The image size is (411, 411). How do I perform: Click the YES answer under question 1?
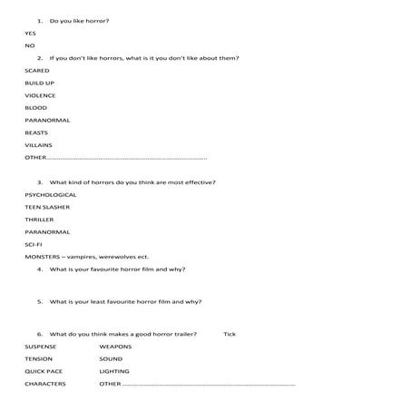(30, 33)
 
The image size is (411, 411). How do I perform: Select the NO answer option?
(29, 45)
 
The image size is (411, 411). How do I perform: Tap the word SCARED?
(37, 70)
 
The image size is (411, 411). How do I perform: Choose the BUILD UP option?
(39, 83)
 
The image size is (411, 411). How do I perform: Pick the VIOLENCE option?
(40, 95)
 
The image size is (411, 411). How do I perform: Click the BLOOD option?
(35, 108)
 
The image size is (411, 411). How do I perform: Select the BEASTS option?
(36, 132)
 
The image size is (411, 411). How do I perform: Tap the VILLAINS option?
(38, 145)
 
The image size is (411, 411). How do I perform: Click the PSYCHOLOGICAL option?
(50, 194)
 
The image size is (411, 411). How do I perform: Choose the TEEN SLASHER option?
(46, 207)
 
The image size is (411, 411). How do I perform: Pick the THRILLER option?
(39, 220)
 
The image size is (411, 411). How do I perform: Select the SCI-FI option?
(34, 244)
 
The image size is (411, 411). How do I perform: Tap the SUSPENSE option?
(41, 347)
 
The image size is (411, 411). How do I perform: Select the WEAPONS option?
(115, 347)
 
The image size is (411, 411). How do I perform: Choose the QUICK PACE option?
(44, 371)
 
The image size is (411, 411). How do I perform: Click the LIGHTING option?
(114, 371)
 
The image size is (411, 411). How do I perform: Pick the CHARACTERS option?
(44, 384)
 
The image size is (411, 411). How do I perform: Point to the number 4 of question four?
(39, 269)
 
